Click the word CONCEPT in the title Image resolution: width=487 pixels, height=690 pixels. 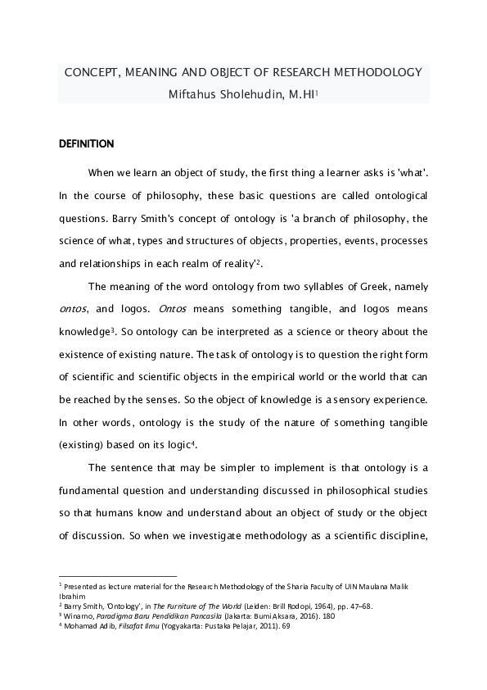[90, 72]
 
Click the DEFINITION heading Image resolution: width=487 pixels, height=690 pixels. [86, 144]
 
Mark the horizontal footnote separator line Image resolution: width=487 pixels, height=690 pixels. [118, 576]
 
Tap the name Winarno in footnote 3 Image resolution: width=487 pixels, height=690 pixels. [79, 615]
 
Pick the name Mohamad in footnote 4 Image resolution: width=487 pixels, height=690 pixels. [82, 625]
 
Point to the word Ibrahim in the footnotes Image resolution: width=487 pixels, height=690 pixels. [72, 596]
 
